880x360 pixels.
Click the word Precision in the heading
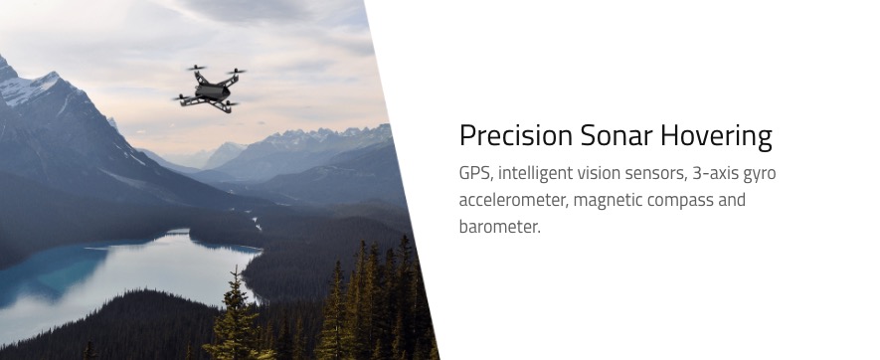click(x=516, y=136)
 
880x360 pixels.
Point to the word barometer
click(x=499, y=228)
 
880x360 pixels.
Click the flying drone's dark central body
click(x=213, y=92)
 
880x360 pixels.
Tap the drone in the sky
click(x=210, y=89)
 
